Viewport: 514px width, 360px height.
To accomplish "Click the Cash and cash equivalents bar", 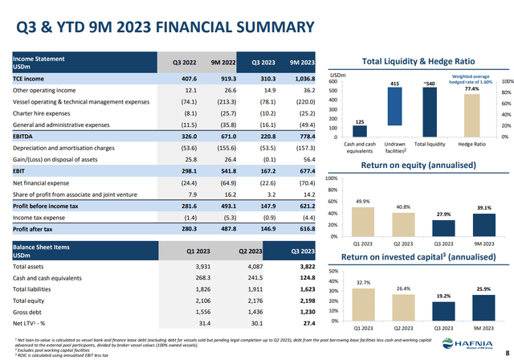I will pyautogui.click(x=359, y=131).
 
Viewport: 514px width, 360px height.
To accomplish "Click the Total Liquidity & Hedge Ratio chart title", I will pyautogui.click(x=420, y=61).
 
